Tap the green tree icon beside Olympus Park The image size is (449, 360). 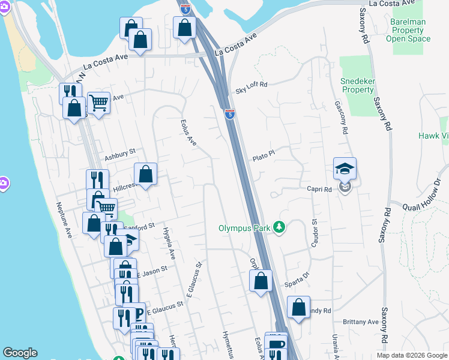pos(279,227)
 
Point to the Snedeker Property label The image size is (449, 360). pos(358,85)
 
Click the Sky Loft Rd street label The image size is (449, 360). pos(251,85)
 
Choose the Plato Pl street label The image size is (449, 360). pos(263,155)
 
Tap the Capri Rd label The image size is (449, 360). pos(319,190)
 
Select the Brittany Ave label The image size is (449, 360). pos(361,322)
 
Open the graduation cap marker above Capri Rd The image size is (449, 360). pos(345,169)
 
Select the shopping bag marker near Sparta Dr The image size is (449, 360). pos(261,281)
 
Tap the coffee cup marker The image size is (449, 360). pos(276,345)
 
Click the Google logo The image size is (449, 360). pos(20,353)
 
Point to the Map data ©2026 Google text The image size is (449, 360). pos(410,355)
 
